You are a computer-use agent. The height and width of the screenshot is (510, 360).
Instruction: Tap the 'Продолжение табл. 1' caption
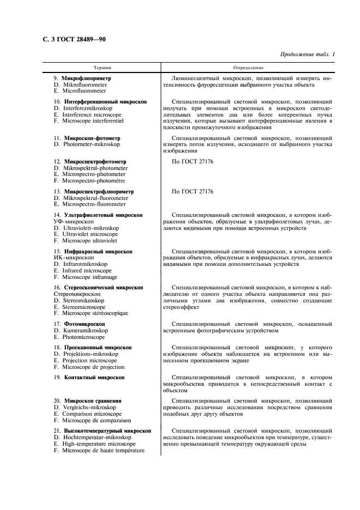coord(308,54)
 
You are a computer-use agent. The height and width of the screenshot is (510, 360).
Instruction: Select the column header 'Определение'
coord(248,68)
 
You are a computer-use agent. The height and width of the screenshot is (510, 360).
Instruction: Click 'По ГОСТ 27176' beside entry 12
coord(193,162)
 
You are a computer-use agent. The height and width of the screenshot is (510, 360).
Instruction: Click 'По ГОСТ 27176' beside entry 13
coord(193,192)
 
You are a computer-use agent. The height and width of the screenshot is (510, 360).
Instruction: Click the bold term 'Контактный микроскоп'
coord(94,377)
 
